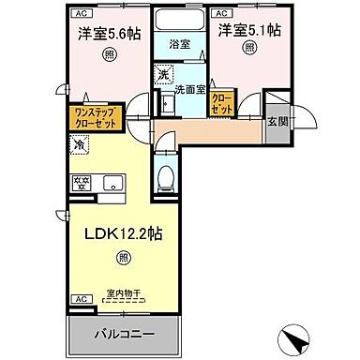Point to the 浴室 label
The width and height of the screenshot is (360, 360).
click(x=179, y=42)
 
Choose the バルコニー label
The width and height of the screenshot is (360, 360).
click(x=123, y=334)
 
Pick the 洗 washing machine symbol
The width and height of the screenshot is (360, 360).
click(x=164, y=74)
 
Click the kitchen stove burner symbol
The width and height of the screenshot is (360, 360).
click(x=82, y=181)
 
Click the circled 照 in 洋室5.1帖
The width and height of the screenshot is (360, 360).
click(x=247, y=51)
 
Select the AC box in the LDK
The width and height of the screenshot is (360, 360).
click(x=77, y=299)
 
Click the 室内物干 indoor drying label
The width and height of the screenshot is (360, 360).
click(x=122, y=293)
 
